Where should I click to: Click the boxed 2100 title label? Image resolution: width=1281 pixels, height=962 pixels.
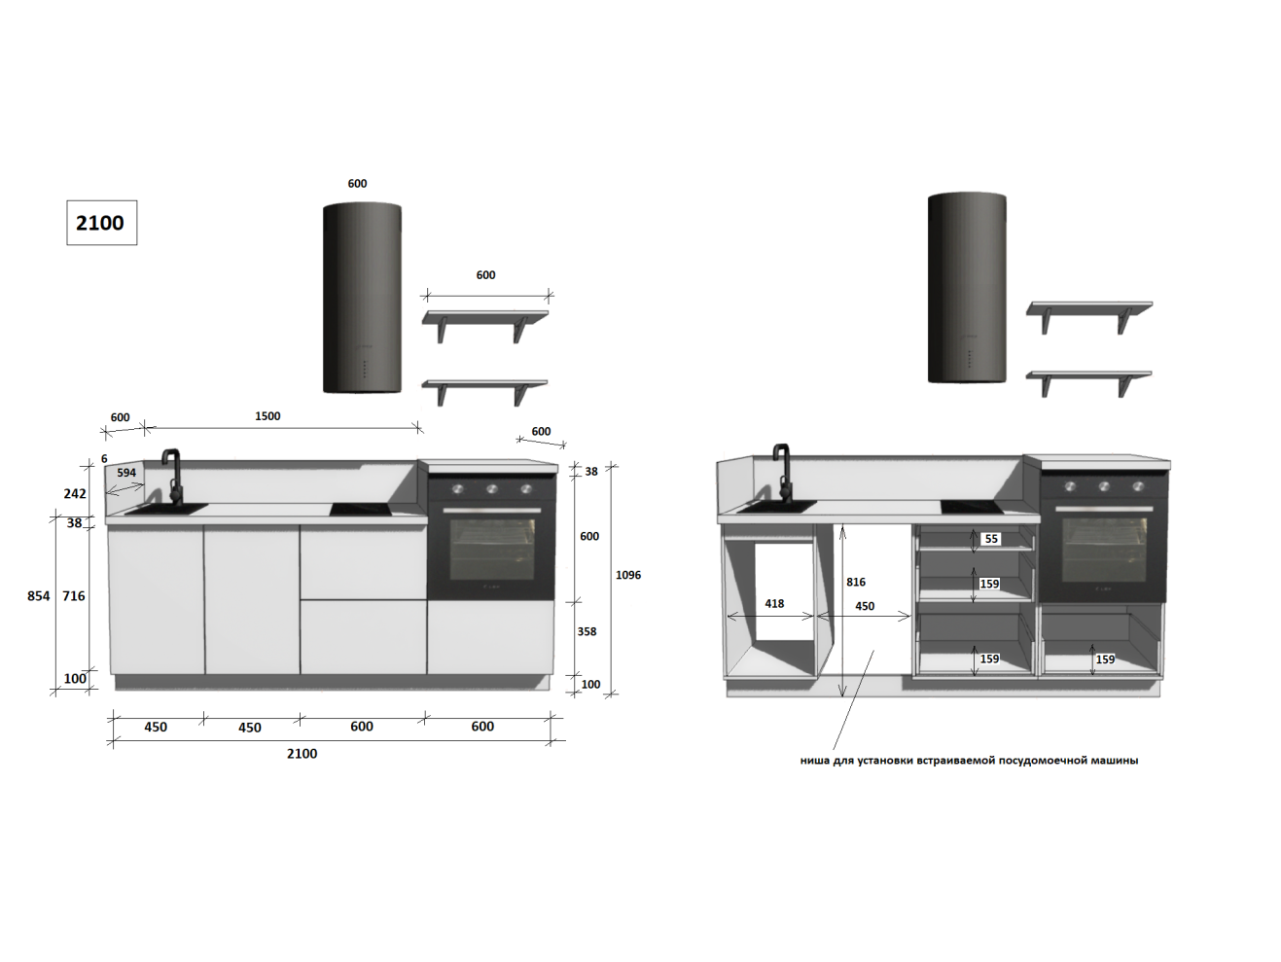pyautogui.click(x=101, y=223)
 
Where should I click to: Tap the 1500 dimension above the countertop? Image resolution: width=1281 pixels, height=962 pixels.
pyautogui.click(x=267, y=416)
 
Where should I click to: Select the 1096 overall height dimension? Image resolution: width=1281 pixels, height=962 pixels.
pyautogui.click(x=628, y=575)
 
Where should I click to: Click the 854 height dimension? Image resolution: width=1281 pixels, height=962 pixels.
pyautogui.click(x=39, y=595)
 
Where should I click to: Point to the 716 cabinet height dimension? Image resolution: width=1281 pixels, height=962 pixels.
pyautogui.click(x=74, y=595)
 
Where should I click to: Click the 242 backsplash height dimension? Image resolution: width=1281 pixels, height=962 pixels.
pyautogui.click(x=75, y=493)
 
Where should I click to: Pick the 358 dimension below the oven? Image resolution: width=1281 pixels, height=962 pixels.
pyautogui.click(x=587, y=631)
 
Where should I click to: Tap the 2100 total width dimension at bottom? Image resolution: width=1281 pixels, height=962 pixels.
pyautogui.click(x=302, y=754)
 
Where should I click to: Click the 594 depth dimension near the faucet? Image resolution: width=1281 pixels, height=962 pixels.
pyautogui.click(x=126, y=473)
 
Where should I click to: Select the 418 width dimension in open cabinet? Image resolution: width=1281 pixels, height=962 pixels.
pyautogui.click(x=774, y=604)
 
